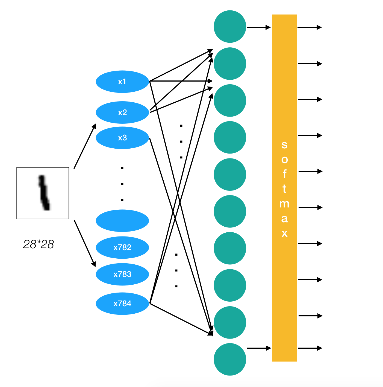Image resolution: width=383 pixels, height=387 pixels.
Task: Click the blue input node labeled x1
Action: click(x=122, y=82)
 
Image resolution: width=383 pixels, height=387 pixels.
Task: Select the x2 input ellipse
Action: click(x=122, y=112)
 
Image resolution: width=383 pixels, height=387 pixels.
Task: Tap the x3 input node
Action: click(x=122, y=138)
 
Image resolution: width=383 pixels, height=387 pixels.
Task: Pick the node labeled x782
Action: click(x=122, y=247)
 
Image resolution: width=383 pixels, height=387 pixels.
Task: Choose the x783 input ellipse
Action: click(x=122, y=274)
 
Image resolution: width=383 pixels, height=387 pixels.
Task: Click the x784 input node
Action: click(x=122, y=304)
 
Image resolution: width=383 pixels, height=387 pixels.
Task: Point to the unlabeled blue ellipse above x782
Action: click(x=122, y=221)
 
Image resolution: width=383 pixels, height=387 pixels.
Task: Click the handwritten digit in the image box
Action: click(x=44, y=193)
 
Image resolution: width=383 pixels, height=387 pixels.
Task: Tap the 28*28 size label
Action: click(x=39, y=244)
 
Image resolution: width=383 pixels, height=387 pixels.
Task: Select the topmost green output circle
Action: click(x=230, y=27)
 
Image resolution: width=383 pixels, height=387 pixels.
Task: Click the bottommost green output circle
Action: click(x=230, y=359)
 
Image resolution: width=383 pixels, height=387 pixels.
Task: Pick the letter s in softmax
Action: click(x=284, y=145)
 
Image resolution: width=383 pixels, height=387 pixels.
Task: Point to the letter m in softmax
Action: click(x=284, y=204)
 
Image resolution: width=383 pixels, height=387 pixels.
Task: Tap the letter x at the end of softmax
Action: click(x=284, y=233)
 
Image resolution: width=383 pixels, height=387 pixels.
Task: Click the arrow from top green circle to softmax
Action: click(x=258, y=27)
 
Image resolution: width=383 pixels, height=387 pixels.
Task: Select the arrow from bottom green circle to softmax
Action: click(x=259, y=348)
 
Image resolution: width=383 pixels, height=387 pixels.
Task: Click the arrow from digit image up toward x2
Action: click(x=85, y=146)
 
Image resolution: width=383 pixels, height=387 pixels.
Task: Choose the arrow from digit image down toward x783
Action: click(x=85, y=243)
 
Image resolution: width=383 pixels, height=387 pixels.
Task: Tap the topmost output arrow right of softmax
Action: click(x=310, y=27)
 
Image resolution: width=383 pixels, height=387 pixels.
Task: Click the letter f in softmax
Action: click(x=285, y=174)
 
